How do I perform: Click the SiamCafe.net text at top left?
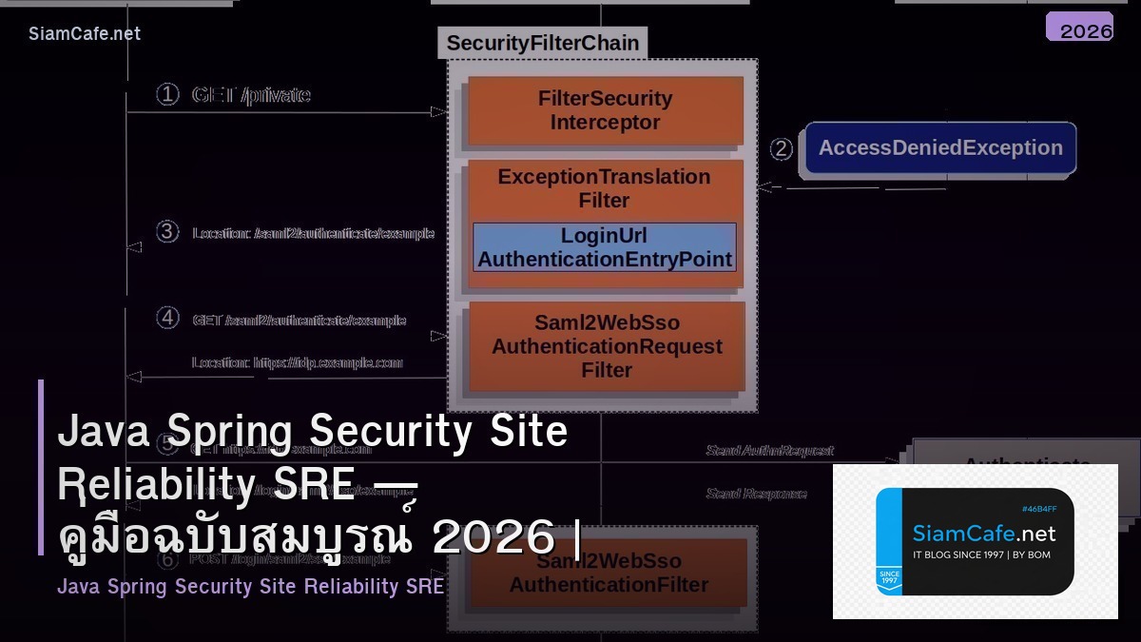pos(84,33)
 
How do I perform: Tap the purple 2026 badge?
pos(1079,28)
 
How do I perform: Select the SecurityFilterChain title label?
pos(542,43)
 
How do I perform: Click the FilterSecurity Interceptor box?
pos(605,110)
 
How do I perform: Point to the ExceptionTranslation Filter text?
pos(604,188)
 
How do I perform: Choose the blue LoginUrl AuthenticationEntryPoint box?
pos(605,247)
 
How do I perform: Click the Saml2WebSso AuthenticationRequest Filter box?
pos(606,347)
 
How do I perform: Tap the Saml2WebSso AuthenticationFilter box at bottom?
pos(609,574)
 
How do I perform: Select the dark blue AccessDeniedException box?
pos(940,148)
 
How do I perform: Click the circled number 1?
pos(167,94)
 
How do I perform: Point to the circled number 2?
pos(781,149)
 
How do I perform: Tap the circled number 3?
pos(167,232)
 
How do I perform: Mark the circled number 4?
pos(167,319)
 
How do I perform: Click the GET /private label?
pos(251,95)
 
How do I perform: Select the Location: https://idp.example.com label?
pos(297,362)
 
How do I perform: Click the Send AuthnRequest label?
pos(769,450)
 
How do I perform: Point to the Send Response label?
pos(756,494)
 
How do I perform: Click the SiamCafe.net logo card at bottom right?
pos(975,541)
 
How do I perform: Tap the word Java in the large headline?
pos(100,432)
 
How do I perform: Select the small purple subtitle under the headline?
pos(250,587)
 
